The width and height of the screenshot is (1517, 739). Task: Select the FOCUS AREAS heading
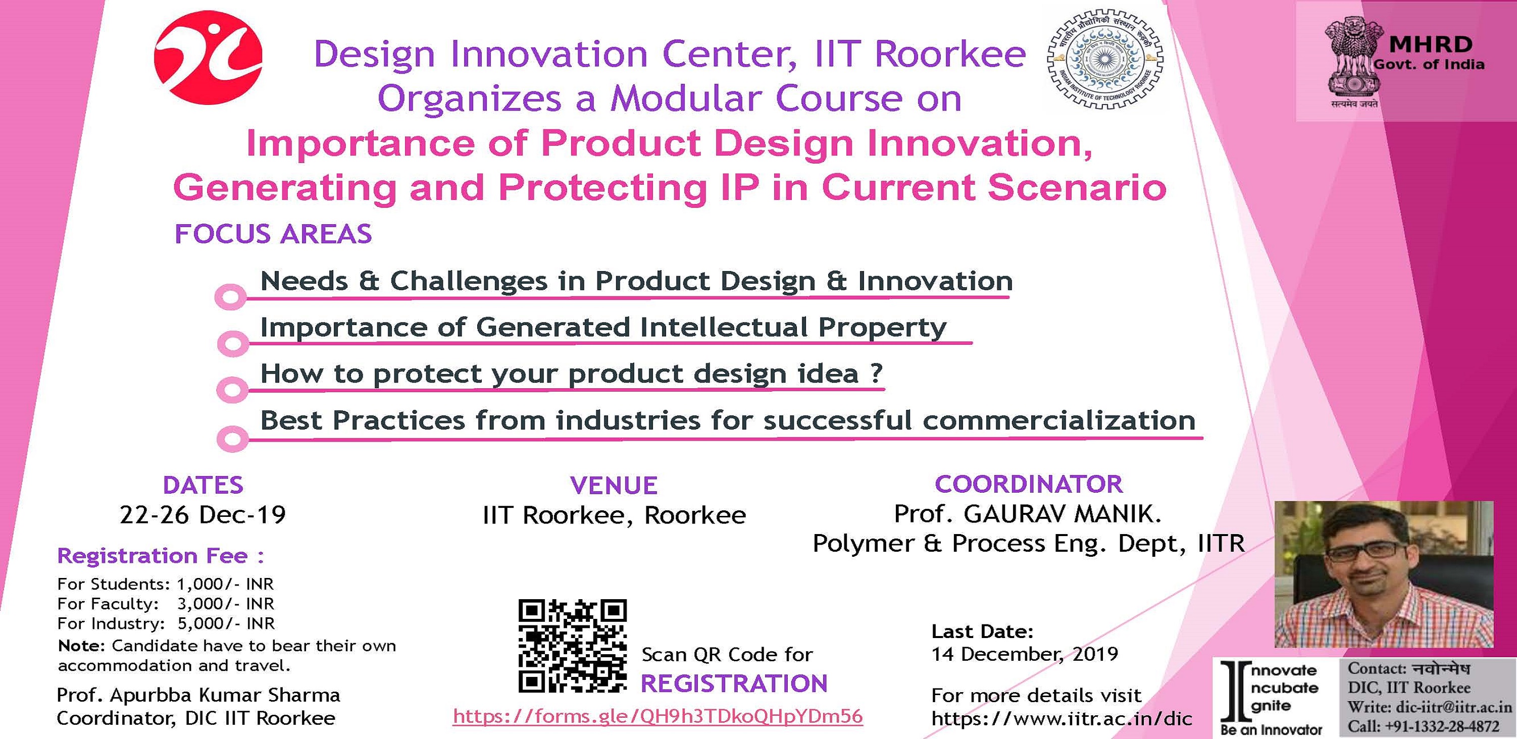tap(273, 234)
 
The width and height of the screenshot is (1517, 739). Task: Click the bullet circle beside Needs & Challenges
tap(230, 297)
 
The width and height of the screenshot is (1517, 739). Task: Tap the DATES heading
tap(203, 485)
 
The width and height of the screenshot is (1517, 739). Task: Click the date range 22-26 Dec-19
tap(203, 515)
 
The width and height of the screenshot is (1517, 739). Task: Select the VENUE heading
tap(614, 485)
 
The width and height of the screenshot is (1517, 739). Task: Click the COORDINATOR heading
tap(1029, 484)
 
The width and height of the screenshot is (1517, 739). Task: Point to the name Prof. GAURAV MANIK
tap(1028, 513)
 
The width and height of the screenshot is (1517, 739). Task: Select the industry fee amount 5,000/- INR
tap(226, 623)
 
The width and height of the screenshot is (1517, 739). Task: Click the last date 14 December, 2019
tap(1025, 654)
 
